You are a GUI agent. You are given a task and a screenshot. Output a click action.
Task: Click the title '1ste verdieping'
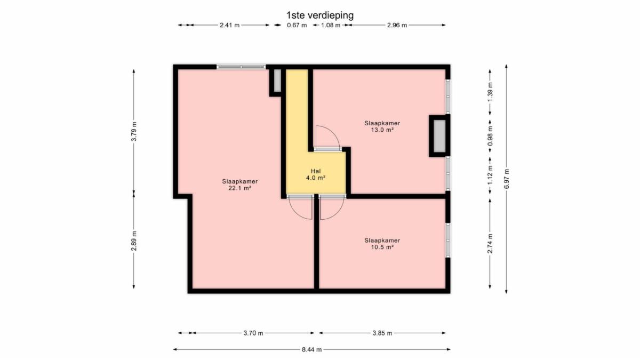tap(320, 15)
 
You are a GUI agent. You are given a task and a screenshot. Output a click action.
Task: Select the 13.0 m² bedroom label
tap(382, 126)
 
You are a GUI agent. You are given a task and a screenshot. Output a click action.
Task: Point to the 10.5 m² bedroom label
tap(382, 244)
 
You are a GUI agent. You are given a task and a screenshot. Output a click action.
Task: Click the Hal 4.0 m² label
tap(316, 174)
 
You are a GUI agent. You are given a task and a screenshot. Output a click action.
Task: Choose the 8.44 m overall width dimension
tap(311, 349)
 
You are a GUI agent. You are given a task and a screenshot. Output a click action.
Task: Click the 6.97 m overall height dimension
tap(506, 179)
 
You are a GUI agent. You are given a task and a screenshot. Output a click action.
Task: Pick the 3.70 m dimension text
tap(253, 333)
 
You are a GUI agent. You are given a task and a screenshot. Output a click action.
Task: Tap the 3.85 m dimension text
tap(382, 333)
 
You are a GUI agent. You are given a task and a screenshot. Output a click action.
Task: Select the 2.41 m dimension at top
tap(229, 25)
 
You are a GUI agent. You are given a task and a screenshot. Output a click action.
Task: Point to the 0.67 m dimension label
tap(297, 25)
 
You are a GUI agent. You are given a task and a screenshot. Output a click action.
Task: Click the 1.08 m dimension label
tap(331, 25)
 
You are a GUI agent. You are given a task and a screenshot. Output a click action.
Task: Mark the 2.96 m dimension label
tap(397, 25)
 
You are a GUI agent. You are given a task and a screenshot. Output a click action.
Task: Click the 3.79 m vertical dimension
tap(134, 131)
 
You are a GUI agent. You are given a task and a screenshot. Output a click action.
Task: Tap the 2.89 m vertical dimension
tap(134, 241)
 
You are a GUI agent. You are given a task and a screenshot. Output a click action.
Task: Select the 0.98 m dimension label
tap(490, 135)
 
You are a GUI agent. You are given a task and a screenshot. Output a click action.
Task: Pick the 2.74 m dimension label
tap(490, 243)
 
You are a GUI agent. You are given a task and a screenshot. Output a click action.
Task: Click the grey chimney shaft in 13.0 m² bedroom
tap(439, 136)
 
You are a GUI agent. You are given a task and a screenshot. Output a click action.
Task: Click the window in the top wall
tap(241, 67)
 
